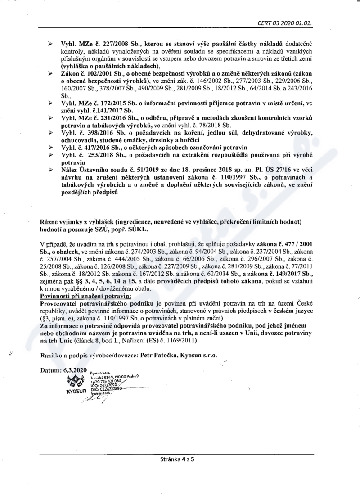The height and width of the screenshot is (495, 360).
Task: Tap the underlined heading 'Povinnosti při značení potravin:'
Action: coord(79,296)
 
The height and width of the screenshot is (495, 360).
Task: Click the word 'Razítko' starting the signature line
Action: coord(51,355)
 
